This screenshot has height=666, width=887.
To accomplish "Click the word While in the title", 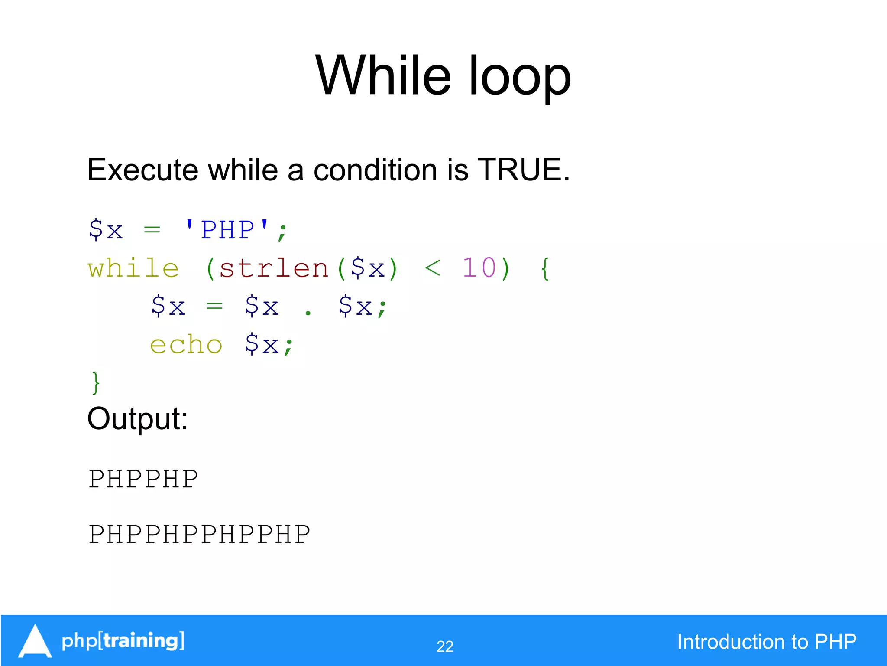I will point(383,76).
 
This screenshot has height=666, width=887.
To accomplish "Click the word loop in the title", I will point(520,78).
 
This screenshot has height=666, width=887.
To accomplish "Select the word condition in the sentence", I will point(375,170).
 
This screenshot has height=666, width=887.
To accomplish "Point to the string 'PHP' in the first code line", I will point(227,229).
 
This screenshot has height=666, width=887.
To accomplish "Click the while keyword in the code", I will point(133,268).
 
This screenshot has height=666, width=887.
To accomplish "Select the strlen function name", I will point(274,268).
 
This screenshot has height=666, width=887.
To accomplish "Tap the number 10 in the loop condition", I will point(479,268).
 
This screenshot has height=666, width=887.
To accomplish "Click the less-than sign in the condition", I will point(432,268).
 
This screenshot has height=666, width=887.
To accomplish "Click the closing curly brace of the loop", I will point(96,383).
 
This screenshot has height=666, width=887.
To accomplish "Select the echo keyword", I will point(186,345).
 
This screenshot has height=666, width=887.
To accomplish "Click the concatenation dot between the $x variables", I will point(308,312).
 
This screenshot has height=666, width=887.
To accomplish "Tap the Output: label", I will point(137,419).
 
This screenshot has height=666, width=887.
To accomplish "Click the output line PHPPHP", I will point(143,479).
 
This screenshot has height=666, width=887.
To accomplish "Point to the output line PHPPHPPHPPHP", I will point(200,534).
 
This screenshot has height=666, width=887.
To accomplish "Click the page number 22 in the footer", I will point(445,646).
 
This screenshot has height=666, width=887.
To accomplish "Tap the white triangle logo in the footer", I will point(35,641).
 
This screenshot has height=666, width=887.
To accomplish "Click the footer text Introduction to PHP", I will point(767,642).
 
